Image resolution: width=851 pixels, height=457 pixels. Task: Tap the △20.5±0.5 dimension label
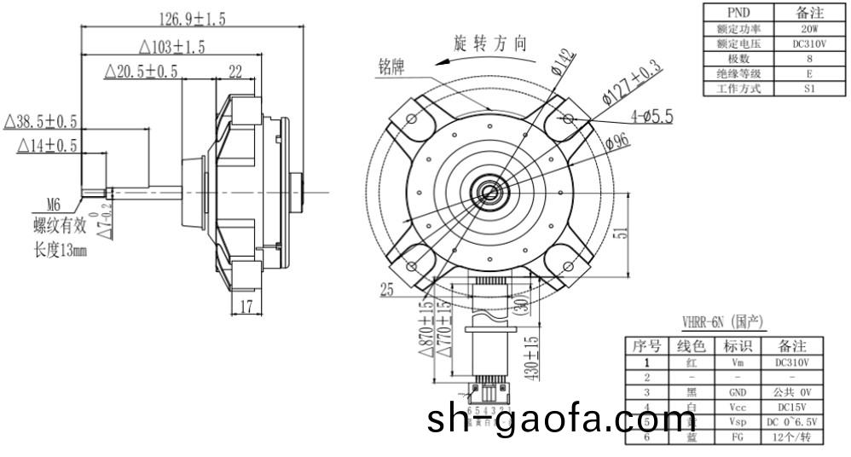tap(141, 72)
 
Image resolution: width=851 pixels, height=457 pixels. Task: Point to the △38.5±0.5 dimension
tap(41, 121)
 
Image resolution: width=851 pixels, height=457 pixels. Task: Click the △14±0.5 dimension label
tap(47, 147)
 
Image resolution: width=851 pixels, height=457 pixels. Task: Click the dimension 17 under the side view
tap(246, 307)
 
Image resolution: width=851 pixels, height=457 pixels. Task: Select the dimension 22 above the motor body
tap(235, 72)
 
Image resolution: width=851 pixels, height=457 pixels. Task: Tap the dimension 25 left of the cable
tap(387, 291)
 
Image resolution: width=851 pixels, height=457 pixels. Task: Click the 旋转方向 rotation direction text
tap(490, 44)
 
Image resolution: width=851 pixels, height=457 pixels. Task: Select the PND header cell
tap(738, 12)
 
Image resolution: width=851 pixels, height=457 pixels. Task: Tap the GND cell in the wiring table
tap(738, 392)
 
